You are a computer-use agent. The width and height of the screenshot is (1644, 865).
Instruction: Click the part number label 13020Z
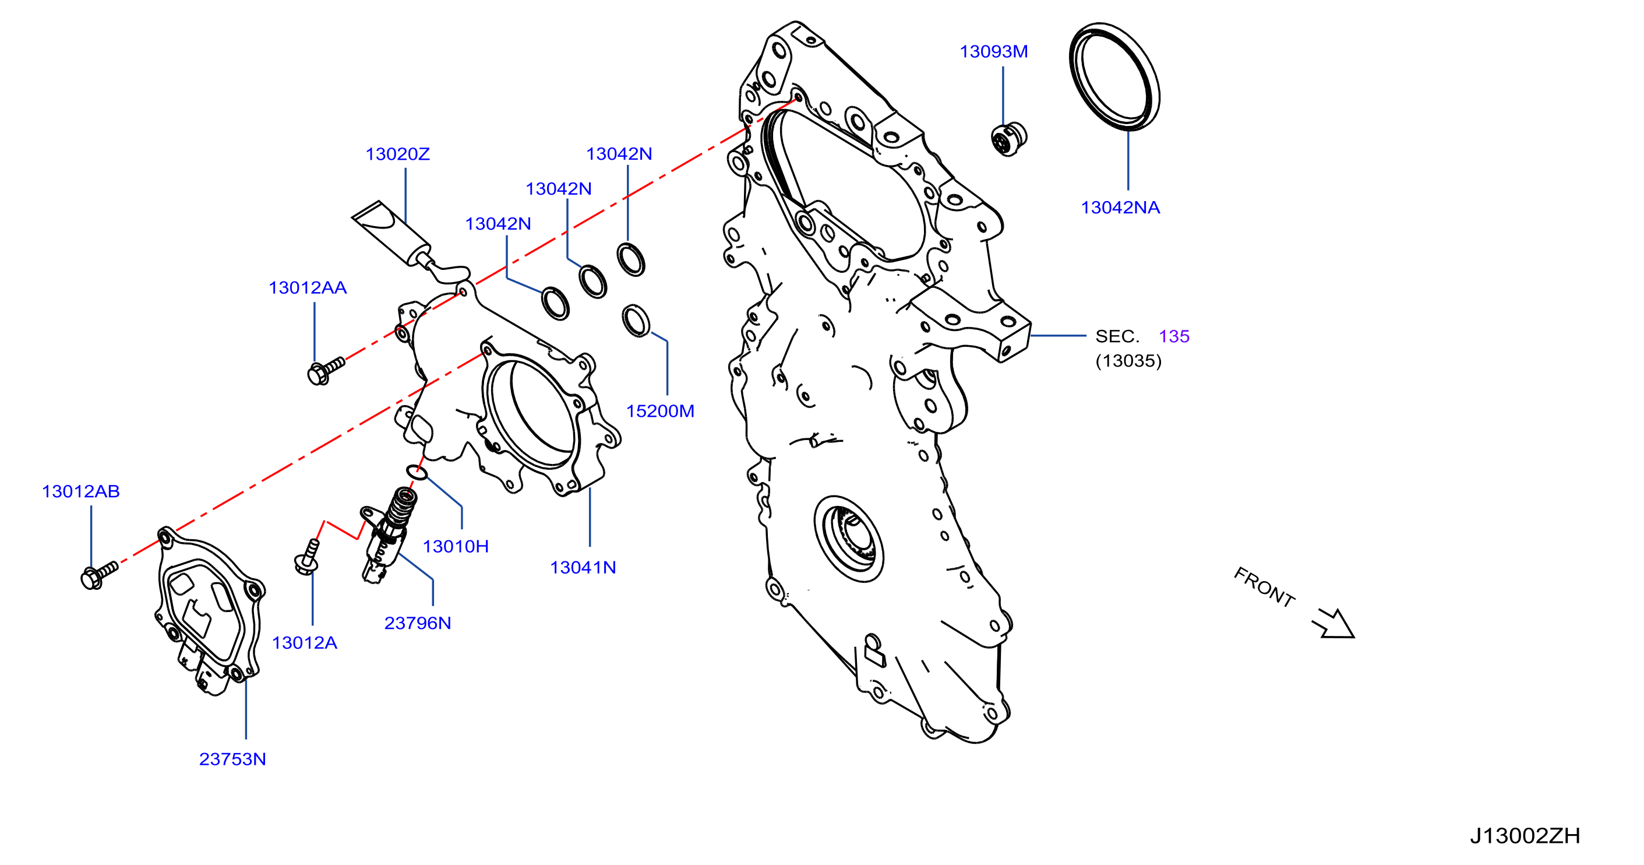[397, 154]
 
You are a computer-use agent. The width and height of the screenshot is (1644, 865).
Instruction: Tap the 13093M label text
[994, 52]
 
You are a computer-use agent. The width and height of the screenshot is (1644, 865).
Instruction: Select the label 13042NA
[1120, 208]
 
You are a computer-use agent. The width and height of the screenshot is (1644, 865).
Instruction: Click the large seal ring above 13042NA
[1114, 76]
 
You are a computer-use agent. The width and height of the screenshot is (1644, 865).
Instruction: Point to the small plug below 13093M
[1008, 139]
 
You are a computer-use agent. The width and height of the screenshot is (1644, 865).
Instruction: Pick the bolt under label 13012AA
[326, 370]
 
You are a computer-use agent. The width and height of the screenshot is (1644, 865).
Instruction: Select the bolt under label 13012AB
[99, 575]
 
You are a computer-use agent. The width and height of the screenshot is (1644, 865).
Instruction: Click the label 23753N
[232, 759]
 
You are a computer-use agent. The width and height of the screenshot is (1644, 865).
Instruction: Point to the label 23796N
[417, 623]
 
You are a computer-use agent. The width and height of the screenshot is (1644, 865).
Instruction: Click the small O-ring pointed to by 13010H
[417, 472]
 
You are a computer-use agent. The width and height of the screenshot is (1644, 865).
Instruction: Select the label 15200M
[660, 411]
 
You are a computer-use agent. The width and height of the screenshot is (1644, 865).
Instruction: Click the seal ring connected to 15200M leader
[636, 321]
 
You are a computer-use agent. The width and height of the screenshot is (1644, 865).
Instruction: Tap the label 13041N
[583, 568]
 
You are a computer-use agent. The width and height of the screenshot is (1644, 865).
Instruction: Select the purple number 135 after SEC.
[1174, 336]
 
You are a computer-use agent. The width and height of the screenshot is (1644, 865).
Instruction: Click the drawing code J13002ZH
[1525, 836]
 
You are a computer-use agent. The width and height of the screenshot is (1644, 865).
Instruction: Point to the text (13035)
[1128, 361]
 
